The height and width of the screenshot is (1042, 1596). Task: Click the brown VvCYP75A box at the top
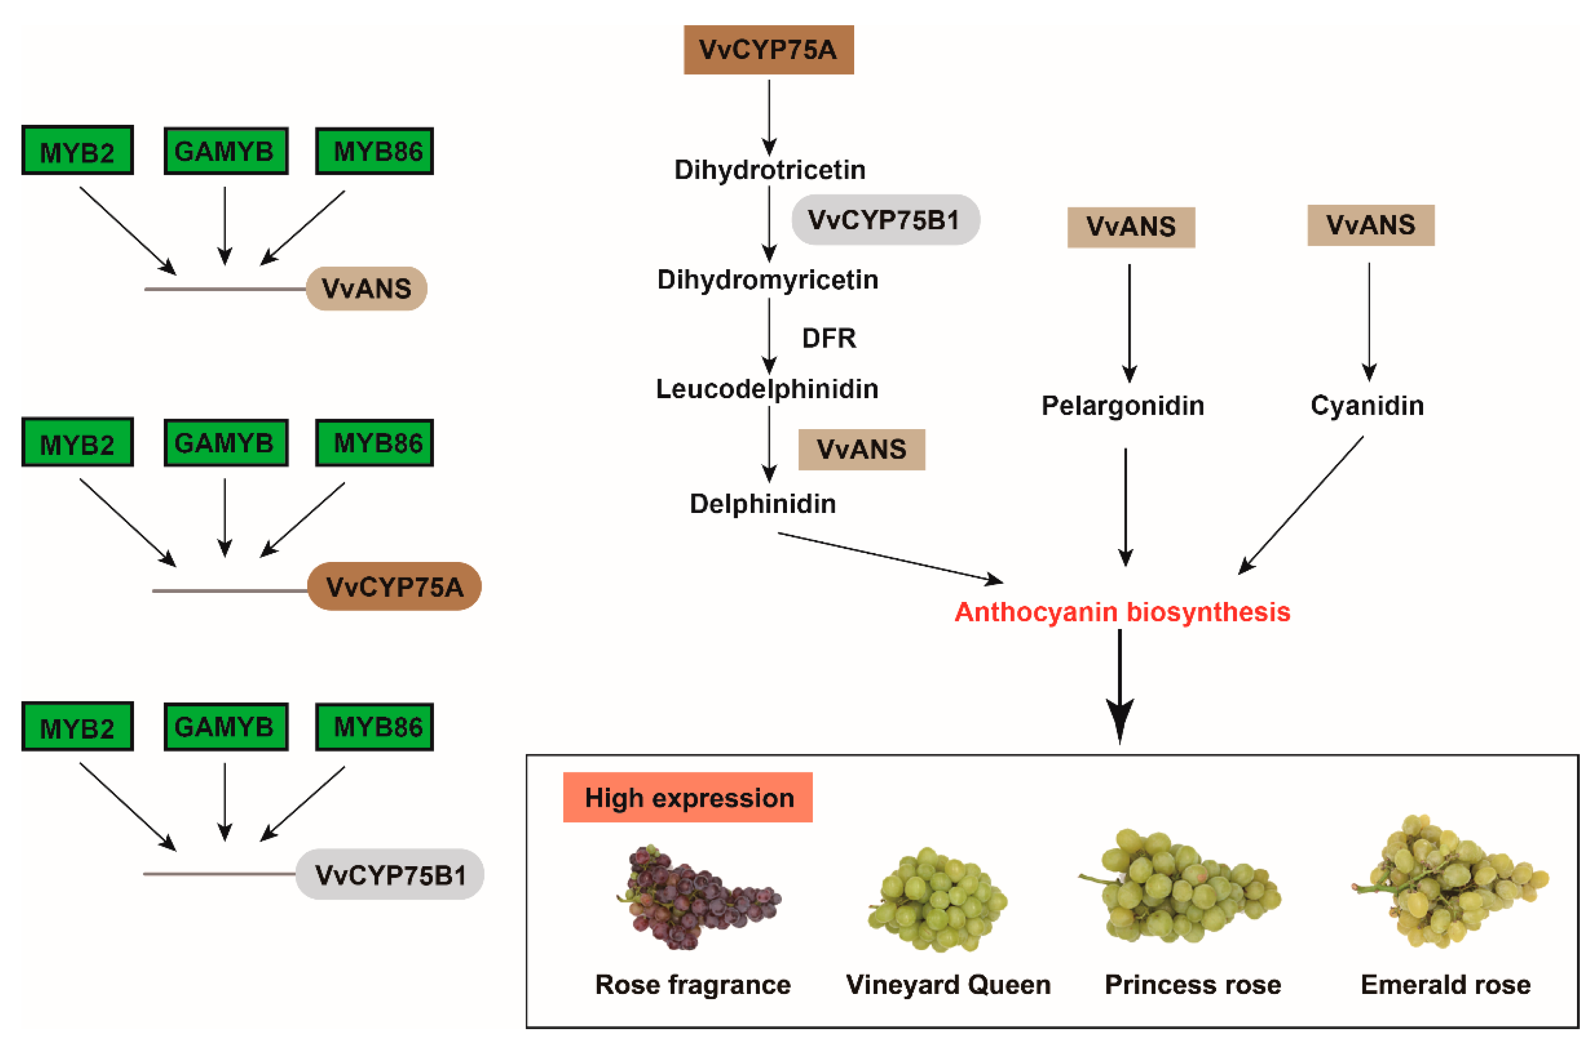pos(768,50)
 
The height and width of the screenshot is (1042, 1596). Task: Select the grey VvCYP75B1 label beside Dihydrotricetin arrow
pos(885,220)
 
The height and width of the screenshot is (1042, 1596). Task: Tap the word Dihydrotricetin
pos(770,170)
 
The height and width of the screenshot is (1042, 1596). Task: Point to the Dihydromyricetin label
pos(768,280)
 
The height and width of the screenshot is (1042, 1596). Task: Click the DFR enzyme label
pos(829,338)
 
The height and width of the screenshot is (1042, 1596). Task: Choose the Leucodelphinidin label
pos(767,389)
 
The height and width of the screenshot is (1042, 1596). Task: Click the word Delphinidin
pos(763,503)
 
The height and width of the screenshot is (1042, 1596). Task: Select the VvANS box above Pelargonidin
pos(1131,227)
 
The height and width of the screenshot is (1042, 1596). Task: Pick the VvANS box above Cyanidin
pos(1371,225)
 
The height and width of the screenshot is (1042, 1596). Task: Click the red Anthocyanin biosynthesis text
pos(1122,612)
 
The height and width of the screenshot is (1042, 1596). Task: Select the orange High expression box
pos(688,797)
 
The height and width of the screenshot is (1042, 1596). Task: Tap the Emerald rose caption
pos(1446,984)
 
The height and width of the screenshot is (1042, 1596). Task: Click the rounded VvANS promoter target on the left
pos(366,288)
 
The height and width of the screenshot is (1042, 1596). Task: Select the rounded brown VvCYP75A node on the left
pos(394,587)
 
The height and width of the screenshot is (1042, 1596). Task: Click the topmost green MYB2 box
pos(77,150)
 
